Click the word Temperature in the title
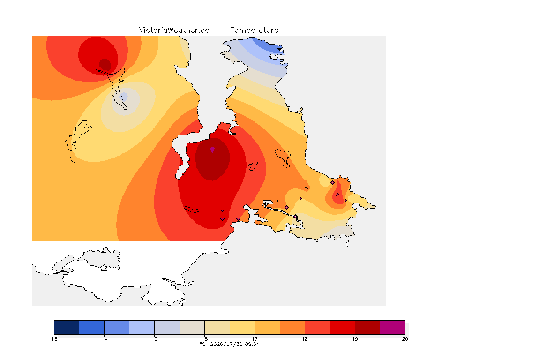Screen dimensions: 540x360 tap(254, 30)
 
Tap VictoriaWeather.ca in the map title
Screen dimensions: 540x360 tap(174, 30)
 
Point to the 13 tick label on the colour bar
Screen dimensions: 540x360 tap(54, 339)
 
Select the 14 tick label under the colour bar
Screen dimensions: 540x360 tap(105, 339)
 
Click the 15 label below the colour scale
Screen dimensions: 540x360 tap(154, 339)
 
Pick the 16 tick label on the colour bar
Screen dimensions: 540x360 tap(204, 339)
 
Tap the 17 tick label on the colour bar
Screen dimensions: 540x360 tap(255, 339)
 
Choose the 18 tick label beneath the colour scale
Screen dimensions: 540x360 tap(305, 339)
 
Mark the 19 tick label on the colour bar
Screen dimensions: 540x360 tap(355, 339)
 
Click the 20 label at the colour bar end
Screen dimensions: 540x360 tap(405, 339)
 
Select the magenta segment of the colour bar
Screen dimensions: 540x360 tap(393, 327)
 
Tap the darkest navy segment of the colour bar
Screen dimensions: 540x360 tap(67, 327)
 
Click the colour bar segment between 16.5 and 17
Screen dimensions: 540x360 tap(242, 327)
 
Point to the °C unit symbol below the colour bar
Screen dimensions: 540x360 tap(203, 344)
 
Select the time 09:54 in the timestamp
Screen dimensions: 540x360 tap(252, 344)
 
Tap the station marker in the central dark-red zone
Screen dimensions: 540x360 tap(212, 149)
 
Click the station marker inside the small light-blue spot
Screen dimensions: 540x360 tap(122, 94)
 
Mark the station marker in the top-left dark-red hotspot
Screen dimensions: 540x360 tap(108, 68)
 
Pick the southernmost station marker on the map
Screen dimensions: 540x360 tap(341, 231)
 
